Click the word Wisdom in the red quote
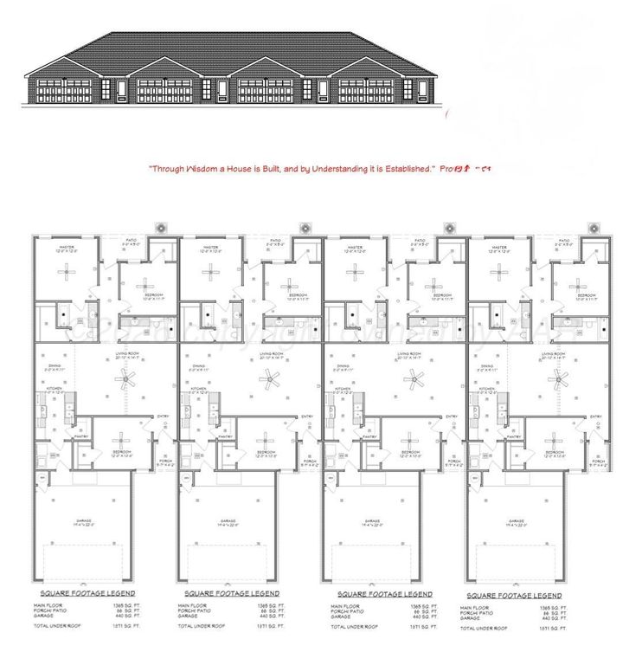[204, 169]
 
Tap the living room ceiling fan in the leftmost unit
[128, 377]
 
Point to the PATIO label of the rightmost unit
[564, 241]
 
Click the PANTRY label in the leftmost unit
[80, 436]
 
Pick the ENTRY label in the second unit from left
[307, 417]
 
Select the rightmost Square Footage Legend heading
[514, 596]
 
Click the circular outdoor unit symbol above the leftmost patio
[161, 228]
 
